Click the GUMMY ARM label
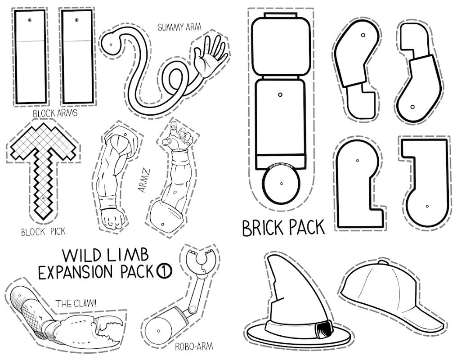pos(179,27)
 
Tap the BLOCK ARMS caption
pos(55,113)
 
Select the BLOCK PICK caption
pos(43,232)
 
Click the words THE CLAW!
pos(76,303)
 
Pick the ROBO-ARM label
pos(194,346)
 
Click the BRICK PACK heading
pos(283,228)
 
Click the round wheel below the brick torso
pos(281,183)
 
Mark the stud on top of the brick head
pos(281,15)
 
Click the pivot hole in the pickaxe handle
pos(43,198)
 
